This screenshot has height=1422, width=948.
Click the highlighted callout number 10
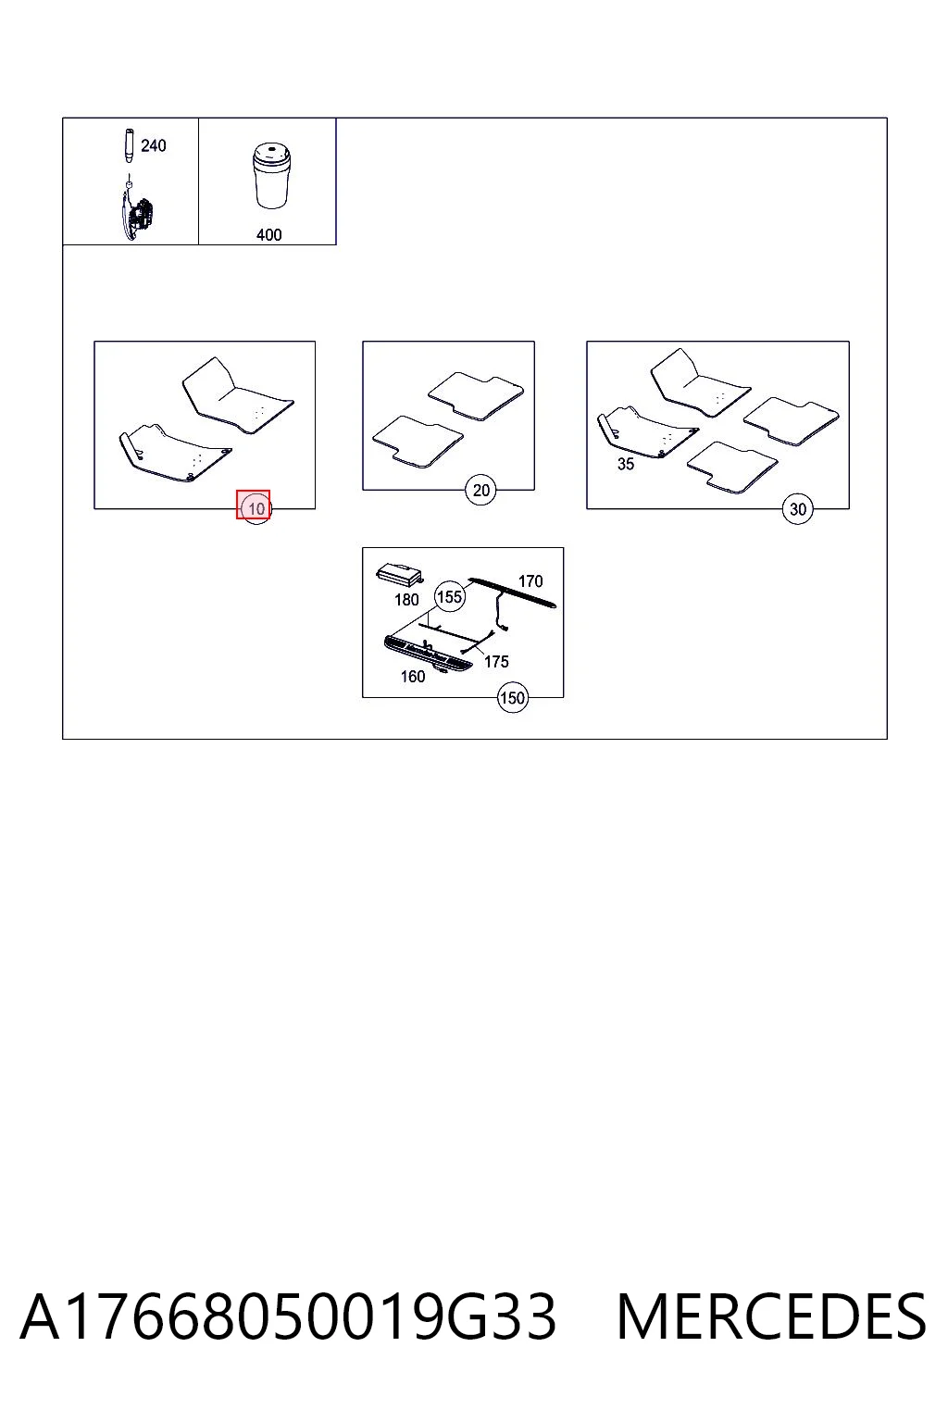254,508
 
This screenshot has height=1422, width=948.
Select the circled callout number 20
480,490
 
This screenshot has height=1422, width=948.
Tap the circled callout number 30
797,509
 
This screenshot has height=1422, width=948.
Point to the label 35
626,464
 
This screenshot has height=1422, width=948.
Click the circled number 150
512,698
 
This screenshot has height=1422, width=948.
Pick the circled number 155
450,597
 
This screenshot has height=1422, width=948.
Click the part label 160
413,677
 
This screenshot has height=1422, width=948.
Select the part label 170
530,580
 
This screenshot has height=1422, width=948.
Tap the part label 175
496,662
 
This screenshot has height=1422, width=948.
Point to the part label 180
406,600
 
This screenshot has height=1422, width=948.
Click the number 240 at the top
153,145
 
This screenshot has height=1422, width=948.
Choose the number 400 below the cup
268,235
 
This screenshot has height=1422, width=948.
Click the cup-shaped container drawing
272,175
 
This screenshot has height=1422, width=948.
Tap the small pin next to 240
129,146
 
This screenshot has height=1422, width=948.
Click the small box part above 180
399,574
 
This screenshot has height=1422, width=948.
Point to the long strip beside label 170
512,592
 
